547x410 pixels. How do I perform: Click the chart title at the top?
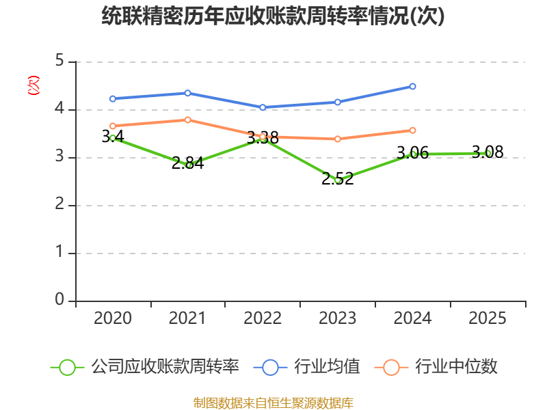pyautogui.click(x=273, y=16)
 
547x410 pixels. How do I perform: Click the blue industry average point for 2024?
pyautogui.click(x=412, y=86)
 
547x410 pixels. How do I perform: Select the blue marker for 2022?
pyautogui.click(x=263, y=107)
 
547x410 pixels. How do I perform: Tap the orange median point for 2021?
pyautogui.click(x=187, y=120)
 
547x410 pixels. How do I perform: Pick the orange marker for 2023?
pyautogui.click(x=337, y=139)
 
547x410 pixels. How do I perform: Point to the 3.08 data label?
pyautogui.click(x=488, y=152)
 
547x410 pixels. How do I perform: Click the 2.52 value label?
pyautogui.click(x=337, y=178)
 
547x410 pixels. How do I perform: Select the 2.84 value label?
pyautogui.click(x=187, y=163)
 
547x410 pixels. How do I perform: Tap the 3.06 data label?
pyautogui.click(x=413, y=152)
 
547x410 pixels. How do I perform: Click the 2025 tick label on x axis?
pyautogui.click(x=488, y=318)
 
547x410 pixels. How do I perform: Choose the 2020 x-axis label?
pyautogui.click(x=113, y=318)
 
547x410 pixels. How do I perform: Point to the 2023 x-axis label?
pyautogui.click(x=337, y=318)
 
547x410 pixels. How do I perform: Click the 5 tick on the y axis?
pyautogui.click(x=59, y=61)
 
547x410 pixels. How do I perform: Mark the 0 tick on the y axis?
pyautogui.click(x=59, y=299)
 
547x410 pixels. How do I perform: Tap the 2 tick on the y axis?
pyautogui.click(x=59, y=204)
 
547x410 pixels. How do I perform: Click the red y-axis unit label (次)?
pyautogui.click(x=34, y=85)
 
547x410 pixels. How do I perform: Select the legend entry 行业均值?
pyautogui.click(x=307, y=367)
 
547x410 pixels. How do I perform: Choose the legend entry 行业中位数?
pyautogui.click(x=436, y=367)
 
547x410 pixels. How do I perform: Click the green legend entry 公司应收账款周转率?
pyautogui.click(x=145, y=367)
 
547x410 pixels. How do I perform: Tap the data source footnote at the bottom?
pyautogui.click(x=273, y=403)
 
